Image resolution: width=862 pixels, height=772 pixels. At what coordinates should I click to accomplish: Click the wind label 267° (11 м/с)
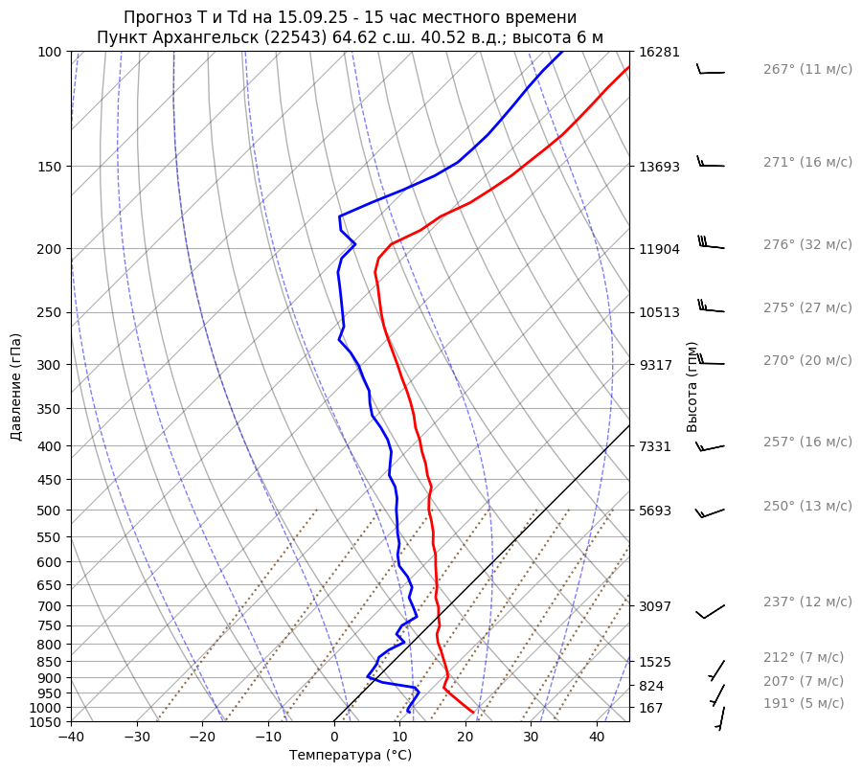click(806, 69)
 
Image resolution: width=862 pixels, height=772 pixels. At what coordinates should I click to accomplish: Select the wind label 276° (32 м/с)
click(806, 244)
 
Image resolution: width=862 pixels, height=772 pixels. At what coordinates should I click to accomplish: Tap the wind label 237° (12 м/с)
click(806, 602)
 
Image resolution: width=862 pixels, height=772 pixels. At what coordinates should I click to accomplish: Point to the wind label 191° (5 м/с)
click(803, 703)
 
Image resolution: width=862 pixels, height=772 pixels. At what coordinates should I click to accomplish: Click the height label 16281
click(658, 52)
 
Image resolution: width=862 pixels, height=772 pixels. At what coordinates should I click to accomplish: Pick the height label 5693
click(655, 511)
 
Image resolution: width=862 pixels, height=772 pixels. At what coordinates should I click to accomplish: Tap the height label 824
click(651, 686)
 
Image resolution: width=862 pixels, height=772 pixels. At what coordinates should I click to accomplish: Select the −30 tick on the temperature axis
click(136, 738)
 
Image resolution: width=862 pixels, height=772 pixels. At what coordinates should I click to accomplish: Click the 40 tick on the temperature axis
click(597, 738)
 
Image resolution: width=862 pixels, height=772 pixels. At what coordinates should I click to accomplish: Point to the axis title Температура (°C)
click(351, 756)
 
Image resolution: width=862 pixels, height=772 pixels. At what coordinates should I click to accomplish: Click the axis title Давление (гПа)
click(16, 387)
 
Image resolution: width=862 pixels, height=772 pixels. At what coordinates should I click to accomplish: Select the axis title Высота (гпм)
click(692, 387)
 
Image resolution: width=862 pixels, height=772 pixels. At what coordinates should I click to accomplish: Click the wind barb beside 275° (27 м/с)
click(711, 308)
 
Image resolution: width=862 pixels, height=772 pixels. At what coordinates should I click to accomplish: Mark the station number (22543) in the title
click(302, 38)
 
